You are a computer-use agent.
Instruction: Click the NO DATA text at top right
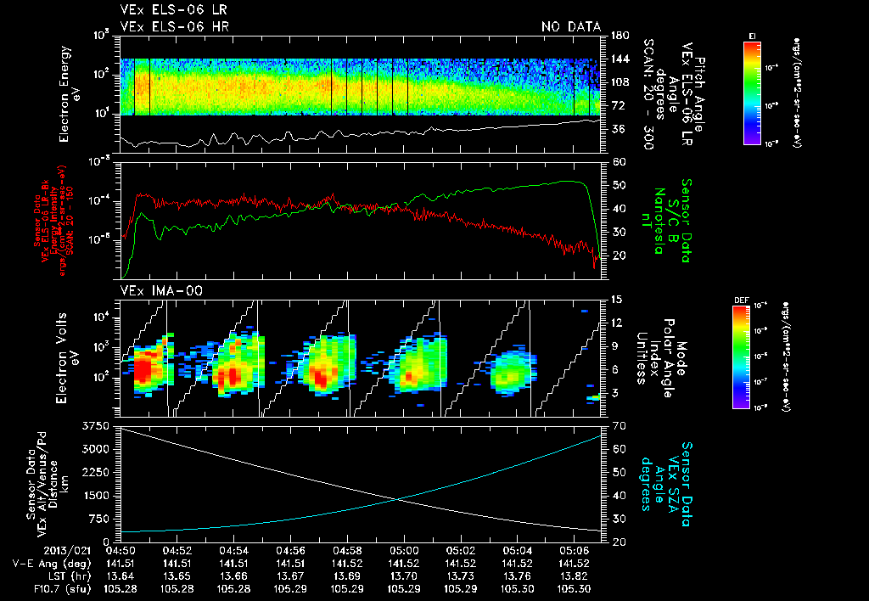point(570,26)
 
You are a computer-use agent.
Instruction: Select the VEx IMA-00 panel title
point(153,290)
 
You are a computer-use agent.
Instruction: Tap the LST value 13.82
point(575,576)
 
